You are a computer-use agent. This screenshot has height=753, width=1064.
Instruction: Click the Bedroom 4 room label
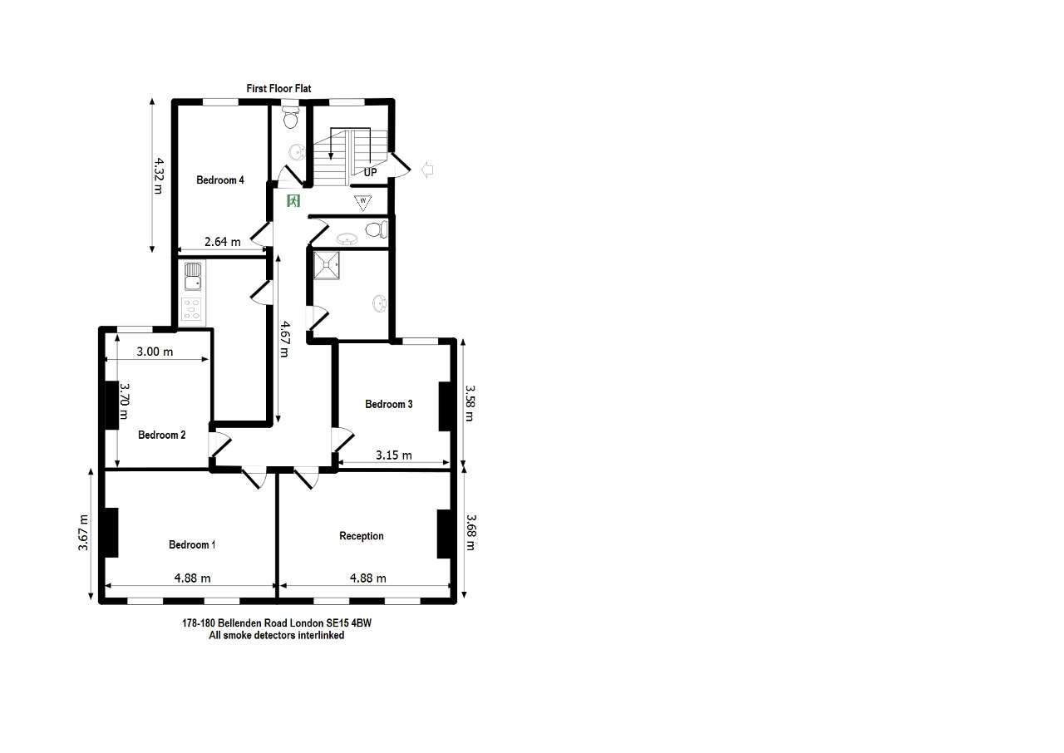click(220, 180)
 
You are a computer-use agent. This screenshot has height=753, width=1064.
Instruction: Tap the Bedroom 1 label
click(192, 544)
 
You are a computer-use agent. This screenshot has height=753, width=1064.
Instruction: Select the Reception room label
click(362, 536)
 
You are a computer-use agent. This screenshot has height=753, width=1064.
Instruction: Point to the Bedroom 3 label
click(388, 404)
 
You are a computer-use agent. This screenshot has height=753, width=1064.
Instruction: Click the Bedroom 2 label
click(161, 435)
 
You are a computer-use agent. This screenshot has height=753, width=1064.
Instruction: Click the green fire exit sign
click(293, 200)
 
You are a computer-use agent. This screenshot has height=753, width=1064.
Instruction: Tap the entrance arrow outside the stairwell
click(427, 170)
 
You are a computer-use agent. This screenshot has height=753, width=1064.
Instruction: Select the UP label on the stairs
click(371, 172)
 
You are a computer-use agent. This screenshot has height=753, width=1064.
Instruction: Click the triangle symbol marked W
click(363, 202)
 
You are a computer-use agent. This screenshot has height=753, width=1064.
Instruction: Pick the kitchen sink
click(192, 276)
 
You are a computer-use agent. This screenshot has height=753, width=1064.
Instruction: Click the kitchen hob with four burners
click(192, 309)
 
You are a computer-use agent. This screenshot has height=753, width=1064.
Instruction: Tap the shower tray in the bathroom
click(327, 265)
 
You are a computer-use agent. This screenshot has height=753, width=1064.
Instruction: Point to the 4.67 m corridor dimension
click(284, 339)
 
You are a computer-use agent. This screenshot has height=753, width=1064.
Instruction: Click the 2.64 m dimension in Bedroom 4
click(222, 242)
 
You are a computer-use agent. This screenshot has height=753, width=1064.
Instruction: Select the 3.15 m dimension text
click(394, 455)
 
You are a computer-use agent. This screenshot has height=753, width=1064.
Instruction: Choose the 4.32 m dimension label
click(158, 176)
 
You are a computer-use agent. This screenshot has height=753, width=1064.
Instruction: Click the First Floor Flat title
click(278, 88)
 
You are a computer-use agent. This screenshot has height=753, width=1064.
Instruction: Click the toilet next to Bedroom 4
click(291, 117)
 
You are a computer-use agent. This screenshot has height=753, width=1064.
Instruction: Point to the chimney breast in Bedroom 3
click(444, 406)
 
